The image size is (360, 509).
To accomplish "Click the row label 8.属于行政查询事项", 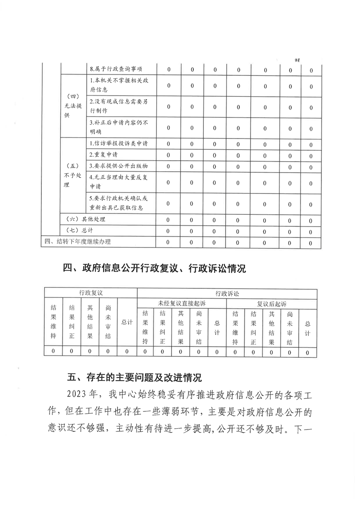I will pos(116,69).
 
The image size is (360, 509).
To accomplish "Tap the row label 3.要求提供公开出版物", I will pos(119,166).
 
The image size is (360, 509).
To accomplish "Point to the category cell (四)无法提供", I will pos(73,106).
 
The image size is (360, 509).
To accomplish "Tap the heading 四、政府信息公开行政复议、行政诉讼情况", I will pos(154,268).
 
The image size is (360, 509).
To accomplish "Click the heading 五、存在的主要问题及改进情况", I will pos(134,378).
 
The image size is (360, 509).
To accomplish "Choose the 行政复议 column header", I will pos(90,293).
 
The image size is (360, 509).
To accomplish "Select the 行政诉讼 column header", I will pos(227,293).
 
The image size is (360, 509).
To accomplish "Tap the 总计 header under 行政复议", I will pos(127,322).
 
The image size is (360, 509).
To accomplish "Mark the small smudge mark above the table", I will pos(298,59).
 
